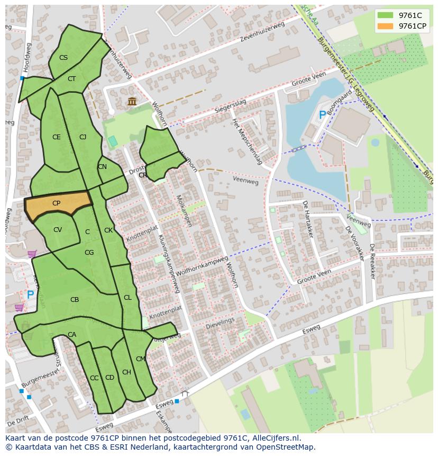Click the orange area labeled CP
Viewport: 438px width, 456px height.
[57, 203]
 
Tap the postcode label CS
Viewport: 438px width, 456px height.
[63, 58]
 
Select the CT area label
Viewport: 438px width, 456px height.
[72, 79]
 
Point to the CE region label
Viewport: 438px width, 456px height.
[57, 137]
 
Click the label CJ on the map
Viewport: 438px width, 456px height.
[83, 137]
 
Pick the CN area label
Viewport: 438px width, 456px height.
[102, 167]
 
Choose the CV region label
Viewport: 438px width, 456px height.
[58, 230]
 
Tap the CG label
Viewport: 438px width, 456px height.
[89, 253]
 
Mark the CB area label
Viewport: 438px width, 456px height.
[75, 300]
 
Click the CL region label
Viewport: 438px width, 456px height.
[127, 298]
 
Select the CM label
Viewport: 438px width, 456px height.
[140, 359]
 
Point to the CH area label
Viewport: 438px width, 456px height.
[126, 372]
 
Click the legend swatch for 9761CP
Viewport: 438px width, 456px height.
[386, 26]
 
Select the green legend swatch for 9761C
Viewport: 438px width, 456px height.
[386, 15]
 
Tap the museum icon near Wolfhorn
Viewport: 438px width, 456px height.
[132, 102]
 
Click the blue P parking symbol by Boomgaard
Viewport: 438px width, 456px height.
[322, 115]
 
